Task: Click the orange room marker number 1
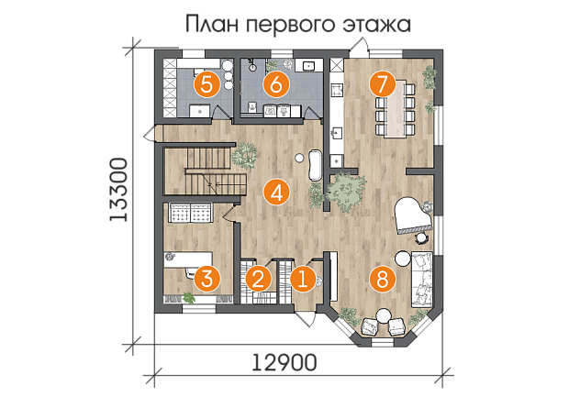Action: point(303,279)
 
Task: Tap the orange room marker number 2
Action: point(258,279)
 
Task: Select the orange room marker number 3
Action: point(207,279)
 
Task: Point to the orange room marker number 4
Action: point(276,193)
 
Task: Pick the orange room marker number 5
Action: point(207,85)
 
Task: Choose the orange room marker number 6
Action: point(276,85)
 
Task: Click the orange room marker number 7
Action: point(383,84)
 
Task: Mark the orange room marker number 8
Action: point(383,279)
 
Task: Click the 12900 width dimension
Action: point(284,363)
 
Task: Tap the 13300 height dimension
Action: point(118,190)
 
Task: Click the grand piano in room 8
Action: point(413,215)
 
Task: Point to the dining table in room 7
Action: point(395,109)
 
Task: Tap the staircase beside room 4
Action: point(205,171)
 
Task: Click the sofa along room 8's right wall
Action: point(421,280)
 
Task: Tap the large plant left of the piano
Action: point(345,191)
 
